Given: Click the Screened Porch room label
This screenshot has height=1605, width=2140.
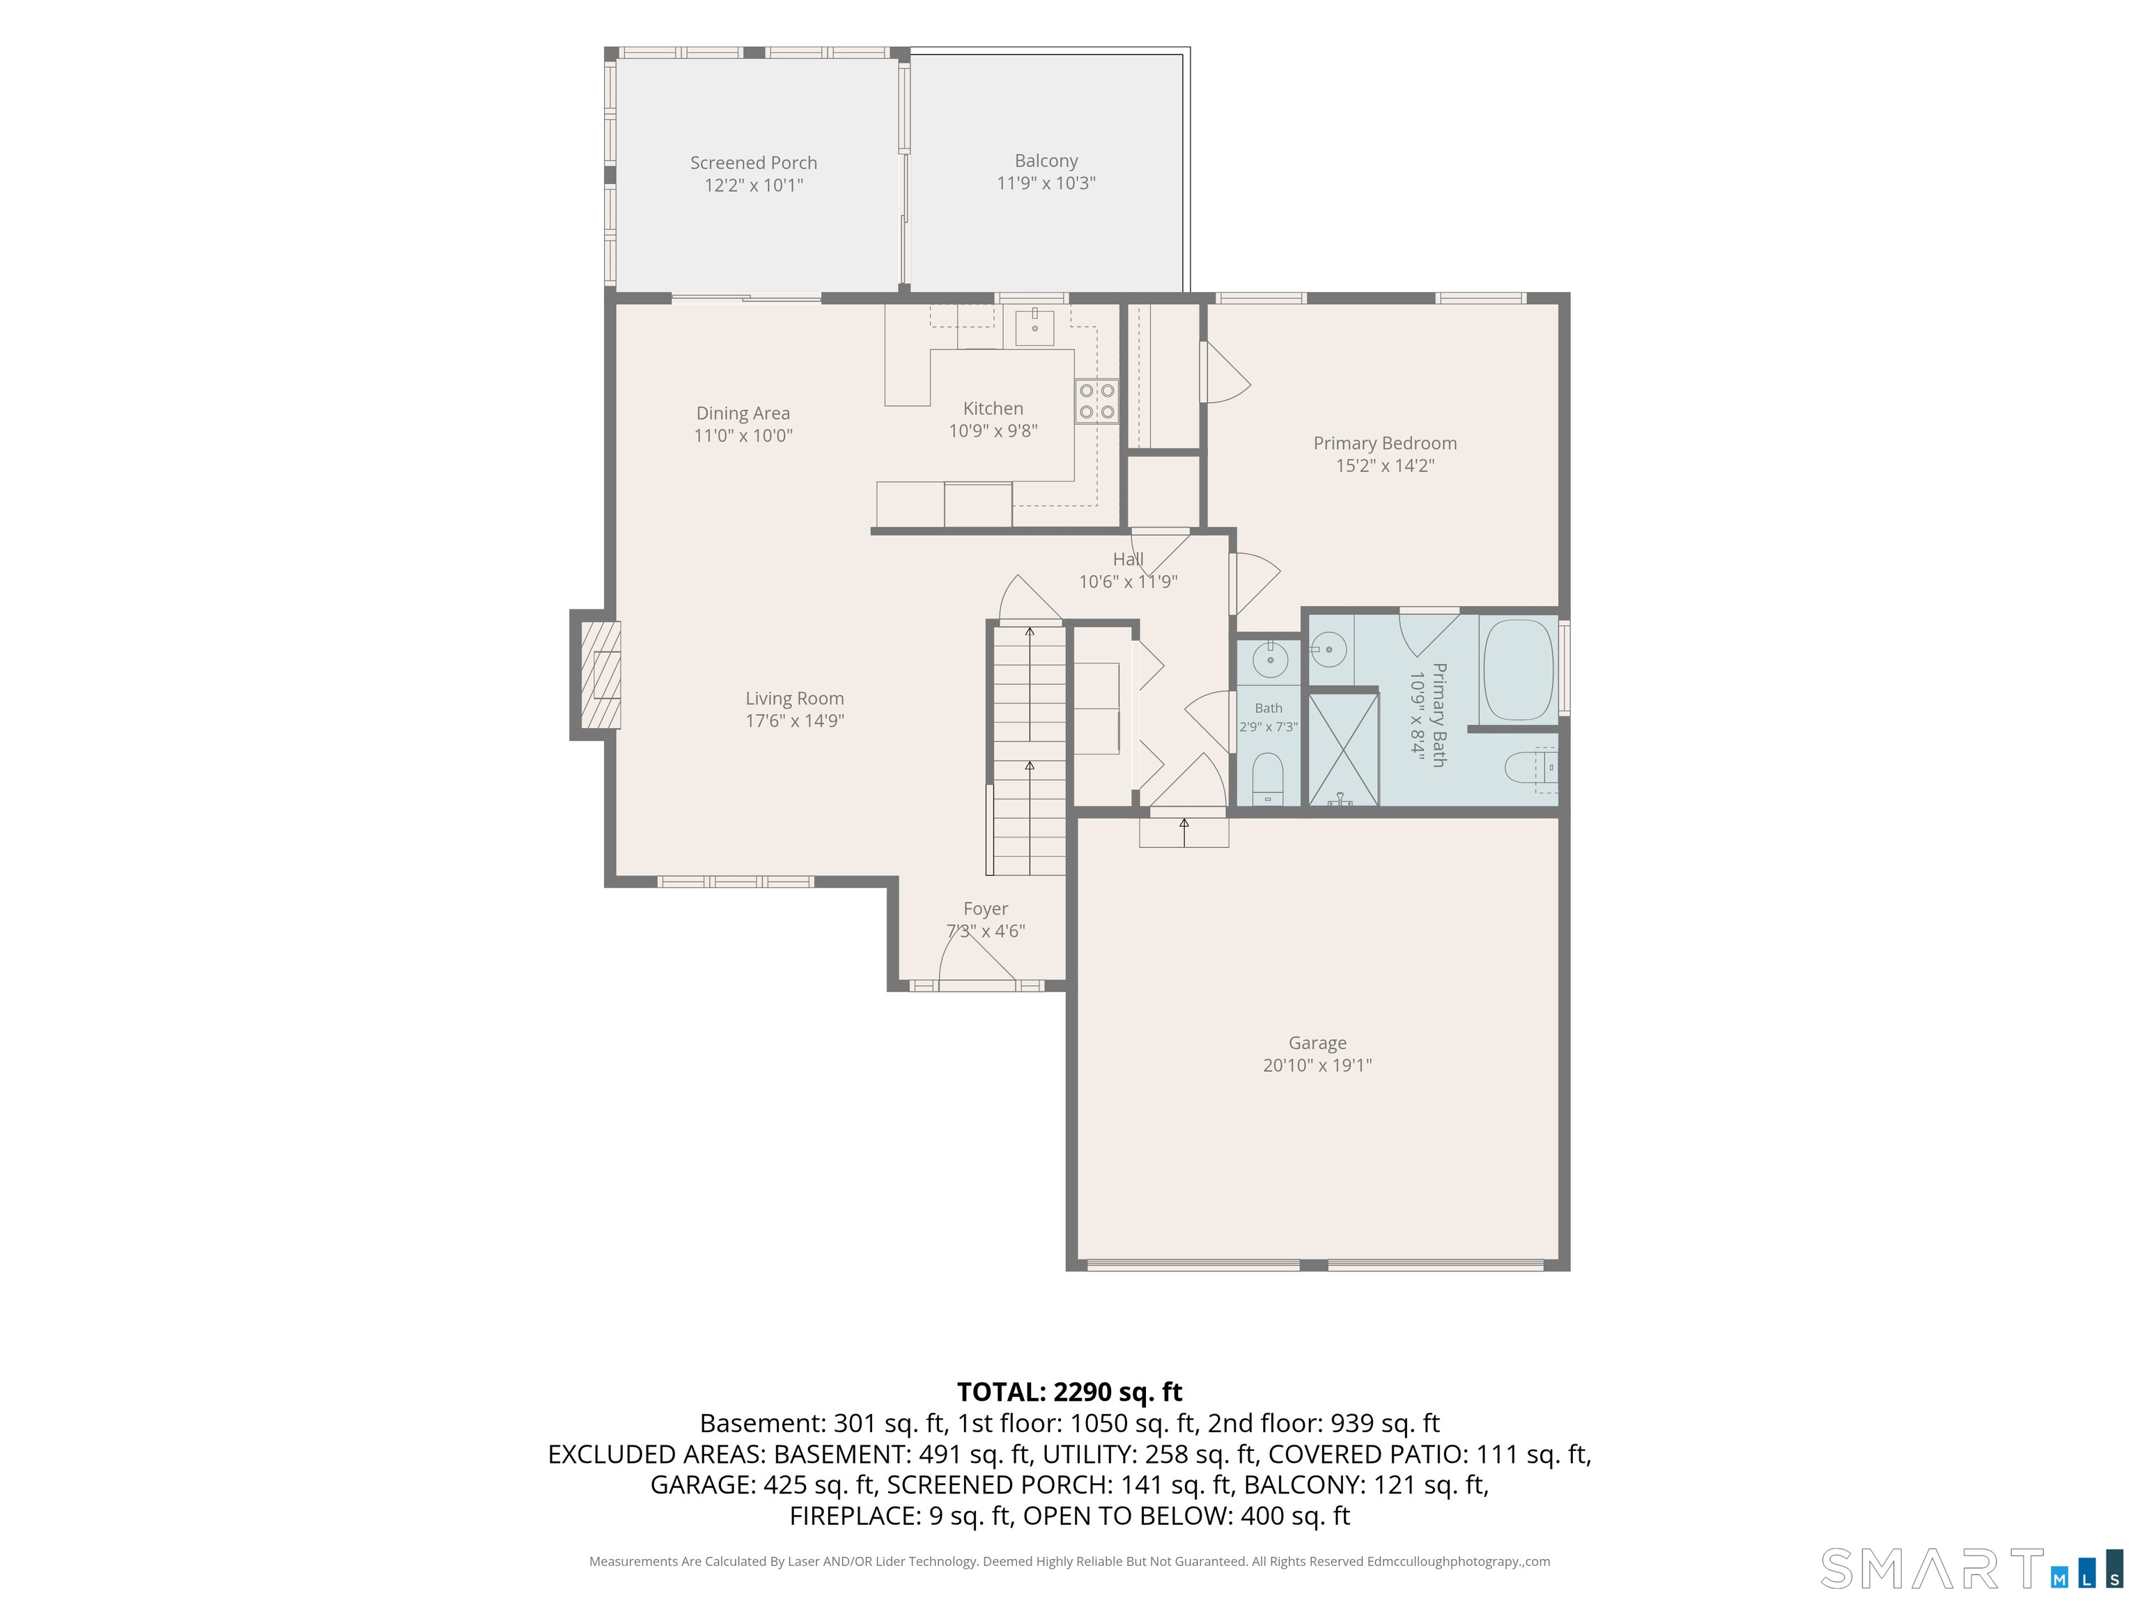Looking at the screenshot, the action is (x=754, y=162).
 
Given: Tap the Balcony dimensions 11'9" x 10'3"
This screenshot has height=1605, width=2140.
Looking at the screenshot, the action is (x=1046, y=183).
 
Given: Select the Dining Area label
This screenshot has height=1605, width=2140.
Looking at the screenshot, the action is (x=743, y=413).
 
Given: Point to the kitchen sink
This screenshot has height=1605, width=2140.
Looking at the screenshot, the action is (x=1035, y=326).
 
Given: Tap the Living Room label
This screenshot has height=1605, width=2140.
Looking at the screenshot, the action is (x=794, y=699).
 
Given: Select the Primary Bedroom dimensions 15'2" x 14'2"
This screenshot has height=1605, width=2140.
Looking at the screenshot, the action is (x=1386, y=465).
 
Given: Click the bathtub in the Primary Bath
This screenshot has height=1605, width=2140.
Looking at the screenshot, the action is (x=1518, y=669).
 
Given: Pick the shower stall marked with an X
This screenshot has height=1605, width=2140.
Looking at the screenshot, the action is (x=1344, y=749).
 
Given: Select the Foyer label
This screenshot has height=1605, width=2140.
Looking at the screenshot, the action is (x=986, y=908).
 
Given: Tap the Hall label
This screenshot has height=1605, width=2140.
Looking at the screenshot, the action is (x=1128, y=559).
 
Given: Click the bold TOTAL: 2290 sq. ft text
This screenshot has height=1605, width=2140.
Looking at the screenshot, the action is (x=1070, y=1391).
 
